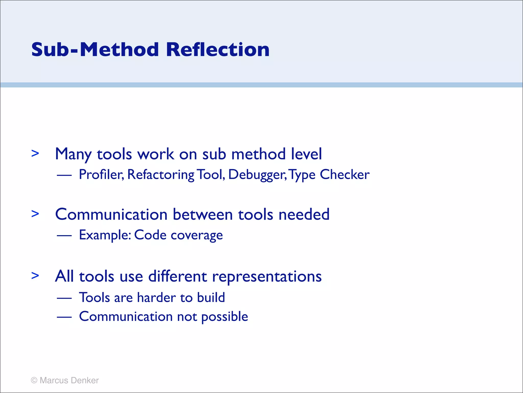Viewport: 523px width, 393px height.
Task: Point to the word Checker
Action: click(344, 175)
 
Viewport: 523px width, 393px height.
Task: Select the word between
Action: click(203, 214)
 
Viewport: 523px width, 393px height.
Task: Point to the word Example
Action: click(105, 235)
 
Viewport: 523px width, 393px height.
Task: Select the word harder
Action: click(156, 298)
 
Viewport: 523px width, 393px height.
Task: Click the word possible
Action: click(224, 317)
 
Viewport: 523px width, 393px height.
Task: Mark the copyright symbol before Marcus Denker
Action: click(34, 380)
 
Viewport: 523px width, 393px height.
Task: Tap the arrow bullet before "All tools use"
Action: click(35, 276)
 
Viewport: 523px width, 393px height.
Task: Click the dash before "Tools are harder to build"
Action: click(64, 298)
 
